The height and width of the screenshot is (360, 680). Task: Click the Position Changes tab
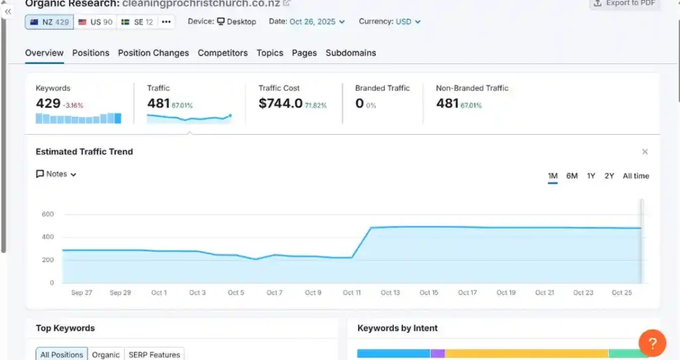pyautogui.click(x=153, y=53)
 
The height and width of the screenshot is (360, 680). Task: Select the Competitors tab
pyautogui.click(x=222, y=53)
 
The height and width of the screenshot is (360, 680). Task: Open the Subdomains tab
pyautogui.click(x=351, y=53)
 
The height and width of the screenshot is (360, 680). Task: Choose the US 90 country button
pyautogui.click(x=95, y=22)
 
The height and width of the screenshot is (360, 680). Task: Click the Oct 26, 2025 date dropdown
pyautogui.click(x=317, y=22)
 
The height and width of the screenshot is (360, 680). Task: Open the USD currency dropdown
pyautogui.click(x=408, y=22)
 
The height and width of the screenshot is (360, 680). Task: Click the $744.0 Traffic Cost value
pyautogui.click(x=280, y=104)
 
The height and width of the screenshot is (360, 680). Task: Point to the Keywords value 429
pyautogui.click(x=48, y=104)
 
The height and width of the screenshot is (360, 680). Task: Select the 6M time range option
pyautogui.click(x=572, y=176)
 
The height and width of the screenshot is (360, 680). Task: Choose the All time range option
pyautogui.click(x=636, y=176)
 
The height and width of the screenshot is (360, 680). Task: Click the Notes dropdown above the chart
pyautogui.click(x=56, y=174)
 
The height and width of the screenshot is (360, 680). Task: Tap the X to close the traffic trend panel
pyautogui.click(x=645, y=152)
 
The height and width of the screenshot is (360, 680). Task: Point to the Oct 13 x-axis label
pyautogui.click(x=390, y=293)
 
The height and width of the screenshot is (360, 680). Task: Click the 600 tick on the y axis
pyautogui.click(x=47, y=215)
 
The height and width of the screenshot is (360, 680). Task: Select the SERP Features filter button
pyautogui.click(x=154, y=355)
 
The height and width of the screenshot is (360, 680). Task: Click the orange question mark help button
pyautogui.click(x=652, y=343)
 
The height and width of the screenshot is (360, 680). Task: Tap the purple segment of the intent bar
pyautogui.click(x=438, y=353)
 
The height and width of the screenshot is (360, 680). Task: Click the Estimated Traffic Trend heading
pyautogui.click(x=84, y=152)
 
